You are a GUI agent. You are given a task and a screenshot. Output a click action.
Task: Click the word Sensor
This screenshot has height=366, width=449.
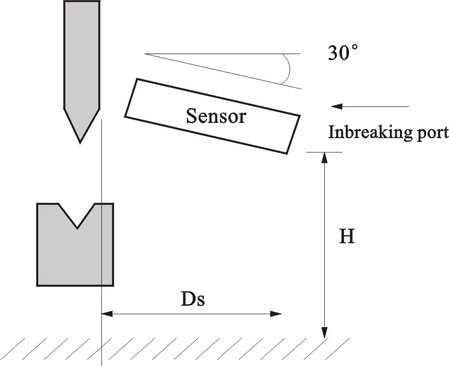pyautogui.click(x=215, y=116)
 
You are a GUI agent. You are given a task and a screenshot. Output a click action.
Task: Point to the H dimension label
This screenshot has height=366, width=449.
pyautogui.click(x=346, y=237)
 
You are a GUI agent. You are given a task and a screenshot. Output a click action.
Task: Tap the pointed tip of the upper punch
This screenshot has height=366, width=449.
pyautogui.click(x=80, y=141)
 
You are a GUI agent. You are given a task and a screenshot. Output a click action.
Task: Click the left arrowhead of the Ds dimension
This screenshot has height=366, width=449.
pyautogui.click(x=106, y=313)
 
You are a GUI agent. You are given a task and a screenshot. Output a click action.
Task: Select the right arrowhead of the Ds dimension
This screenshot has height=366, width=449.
pyautogui.click(x=276, y=313)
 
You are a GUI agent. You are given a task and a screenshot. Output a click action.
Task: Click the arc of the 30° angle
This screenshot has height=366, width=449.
pyautogui.click(x=287, y=67)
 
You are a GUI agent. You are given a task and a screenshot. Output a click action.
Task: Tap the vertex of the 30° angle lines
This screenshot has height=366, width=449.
pyautogui.click(x=146, y=54)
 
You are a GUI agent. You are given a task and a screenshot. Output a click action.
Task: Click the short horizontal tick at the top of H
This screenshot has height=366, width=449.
pyautogui.click(x=324, y=151)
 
